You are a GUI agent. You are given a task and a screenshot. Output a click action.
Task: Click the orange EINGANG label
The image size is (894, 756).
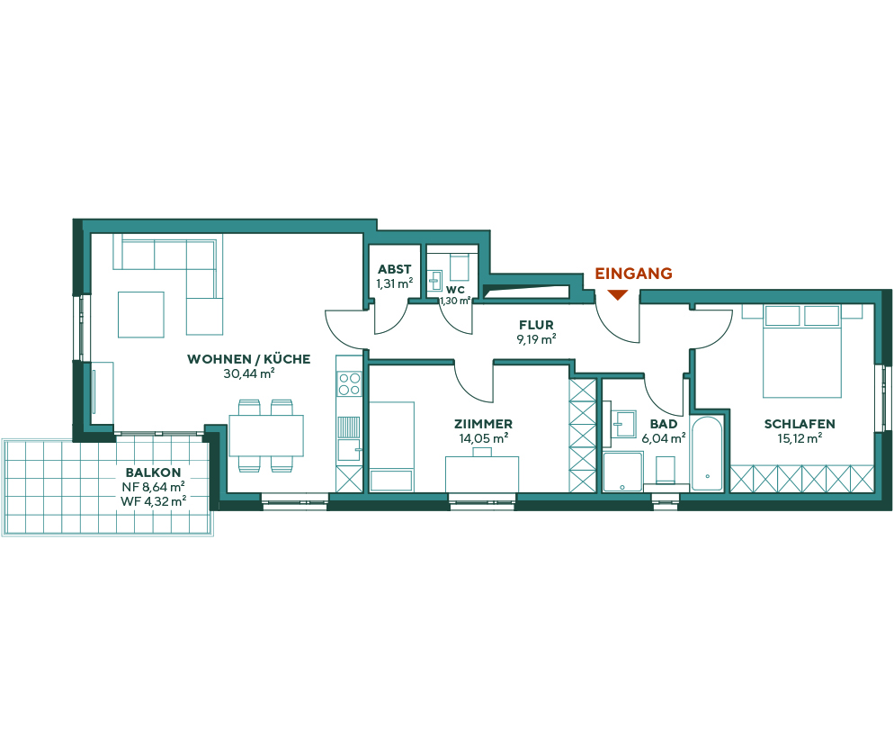(x=633, y=274)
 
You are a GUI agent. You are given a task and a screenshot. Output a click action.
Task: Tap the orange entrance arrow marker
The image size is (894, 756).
(x=617, y=294)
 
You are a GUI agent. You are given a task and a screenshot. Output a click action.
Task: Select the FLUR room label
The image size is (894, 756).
(x=536, y=325)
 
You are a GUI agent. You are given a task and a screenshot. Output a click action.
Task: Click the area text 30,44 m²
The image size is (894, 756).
(x=248, y=373)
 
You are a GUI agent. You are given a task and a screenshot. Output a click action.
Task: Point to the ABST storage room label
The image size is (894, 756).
(x=394, y=269)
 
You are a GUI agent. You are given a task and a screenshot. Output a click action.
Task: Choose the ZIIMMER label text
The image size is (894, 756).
(x=483, y=424)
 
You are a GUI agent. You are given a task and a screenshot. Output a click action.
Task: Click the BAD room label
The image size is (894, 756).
(x=664, y=424)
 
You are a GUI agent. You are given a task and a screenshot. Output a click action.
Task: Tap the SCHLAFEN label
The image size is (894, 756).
(x=800, y=424)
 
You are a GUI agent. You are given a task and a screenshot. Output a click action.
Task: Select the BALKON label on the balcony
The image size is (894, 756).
(x=154, y=472)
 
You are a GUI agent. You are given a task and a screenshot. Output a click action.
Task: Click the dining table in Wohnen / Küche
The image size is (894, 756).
(x=265, y=436)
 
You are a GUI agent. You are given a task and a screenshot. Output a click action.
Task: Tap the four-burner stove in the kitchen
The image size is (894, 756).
(x=349, y=384)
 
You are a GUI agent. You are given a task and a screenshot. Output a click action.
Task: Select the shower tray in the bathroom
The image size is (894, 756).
(x=622, y=472)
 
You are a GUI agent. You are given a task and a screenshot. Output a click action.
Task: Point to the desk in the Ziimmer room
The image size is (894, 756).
(x=482, y=473)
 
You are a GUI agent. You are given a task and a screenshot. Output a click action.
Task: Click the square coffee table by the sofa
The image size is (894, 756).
(x=141, y=314)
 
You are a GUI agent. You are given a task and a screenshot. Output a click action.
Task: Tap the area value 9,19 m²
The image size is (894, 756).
(x=536, y=339)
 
